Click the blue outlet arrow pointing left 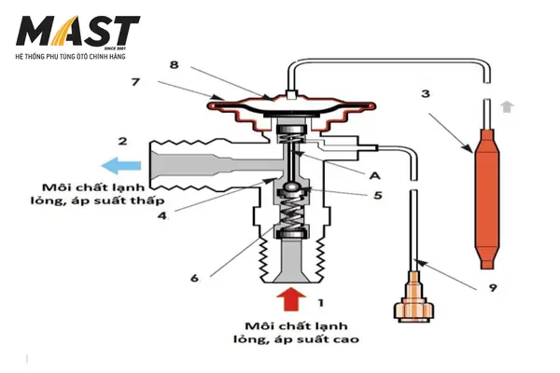(x=120, y=166)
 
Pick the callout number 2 (x=122, y=142)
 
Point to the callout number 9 (x=492, y=288)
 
